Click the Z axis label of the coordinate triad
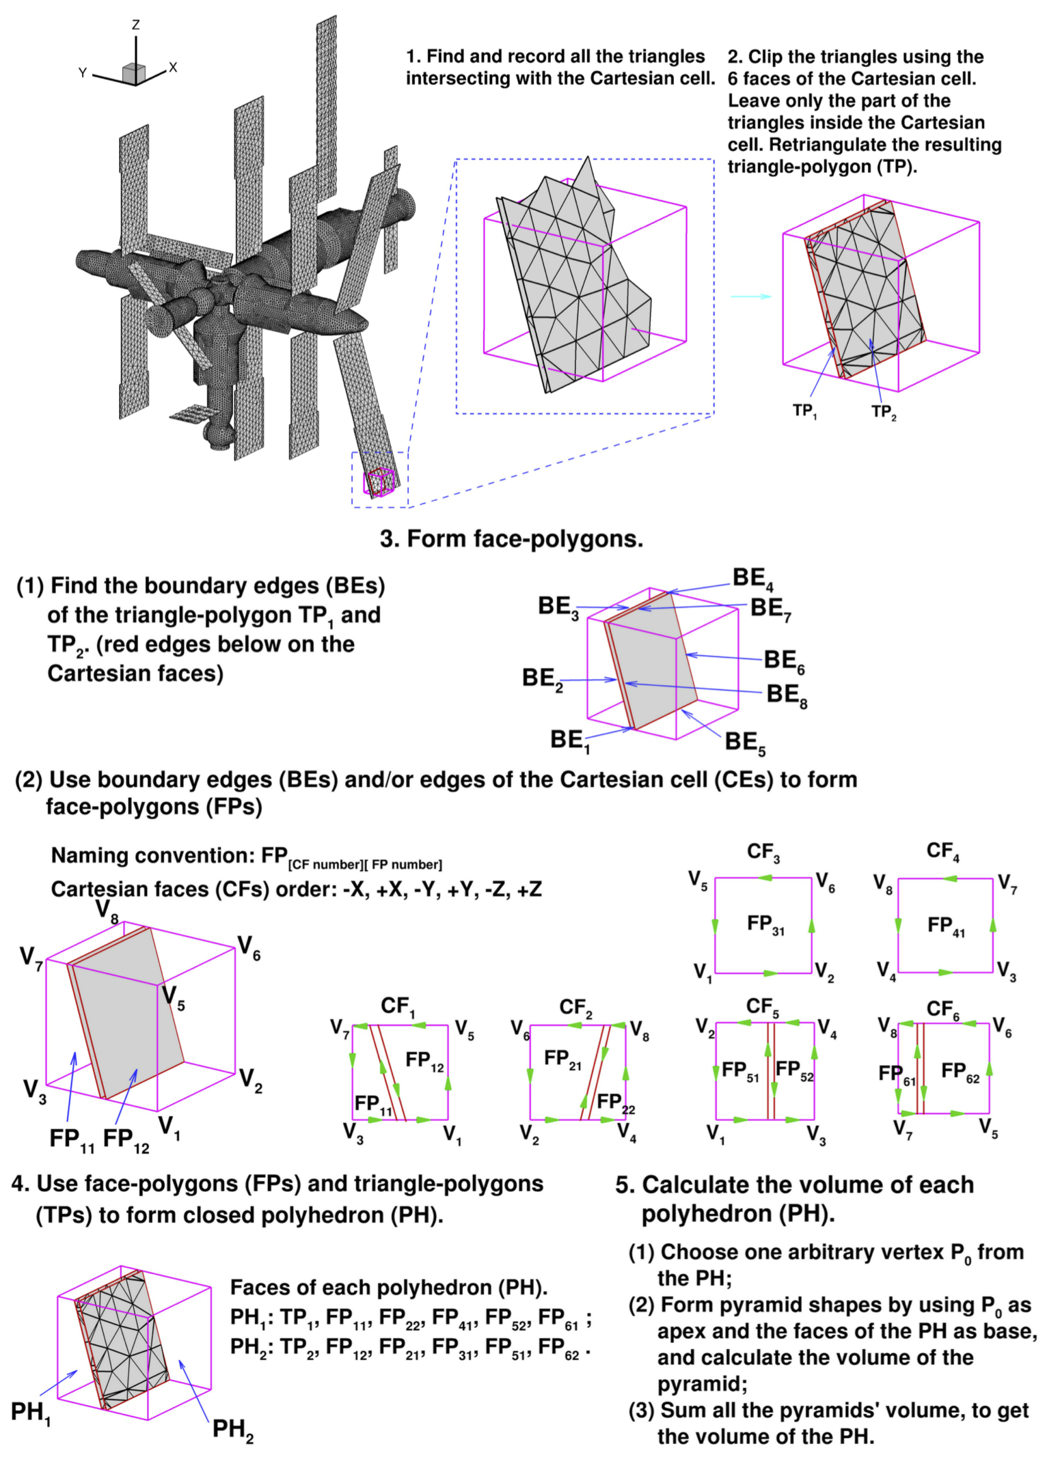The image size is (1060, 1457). point(135,25)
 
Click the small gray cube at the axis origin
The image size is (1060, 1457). point(134,74)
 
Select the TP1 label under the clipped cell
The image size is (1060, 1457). point(804,411)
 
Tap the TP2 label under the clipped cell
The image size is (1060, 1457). point(883,411)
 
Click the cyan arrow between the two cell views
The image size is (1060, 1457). point(750,296)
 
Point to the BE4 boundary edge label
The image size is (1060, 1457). point(752,579)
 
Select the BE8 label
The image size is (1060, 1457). point(786,694)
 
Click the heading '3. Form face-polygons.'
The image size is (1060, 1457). point(511,539)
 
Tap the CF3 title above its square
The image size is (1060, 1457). point(763,852)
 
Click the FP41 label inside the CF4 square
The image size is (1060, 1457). point(946,926)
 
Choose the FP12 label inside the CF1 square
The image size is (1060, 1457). point(424,1060)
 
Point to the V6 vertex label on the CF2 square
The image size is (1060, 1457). point(521,1029)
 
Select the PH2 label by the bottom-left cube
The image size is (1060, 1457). point(232,1428)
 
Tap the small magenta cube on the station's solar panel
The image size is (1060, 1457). point(379,481)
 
